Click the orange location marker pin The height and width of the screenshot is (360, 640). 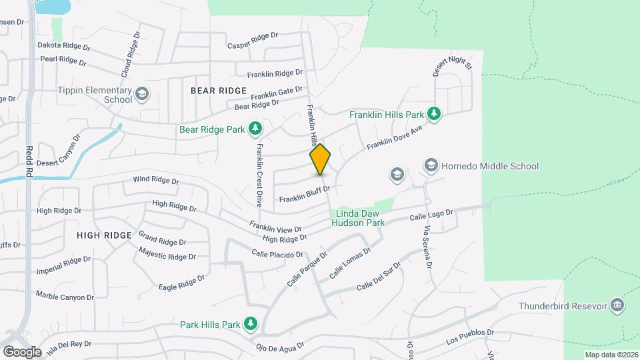tap(321, 159)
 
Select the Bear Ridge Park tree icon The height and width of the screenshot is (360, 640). tap(255, 128)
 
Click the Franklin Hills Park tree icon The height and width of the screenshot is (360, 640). tap(434, 113)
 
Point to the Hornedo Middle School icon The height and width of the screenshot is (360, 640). tap(431, 165)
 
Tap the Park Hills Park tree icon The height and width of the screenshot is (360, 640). tap(251, 324)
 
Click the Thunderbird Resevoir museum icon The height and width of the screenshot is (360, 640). tap(617, 305)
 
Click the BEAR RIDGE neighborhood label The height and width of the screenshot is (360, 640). tap(219, 90)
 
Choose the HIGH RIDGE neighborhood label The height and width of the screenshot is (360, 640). tap(104, 235)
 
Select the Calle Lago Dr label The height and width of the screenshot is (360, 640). tap(431, 215)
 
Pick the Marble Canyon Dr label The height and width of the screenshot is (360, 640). tap(65, 295)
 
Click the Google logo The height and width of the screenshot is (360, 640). tap(23, 351)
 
